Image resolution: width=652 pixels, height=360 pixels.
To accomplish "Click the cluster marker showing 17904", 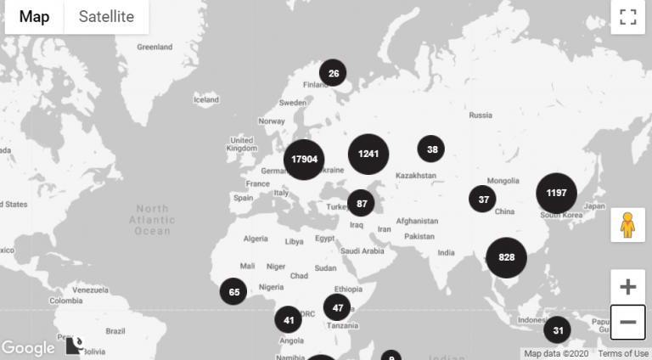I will (304, 160).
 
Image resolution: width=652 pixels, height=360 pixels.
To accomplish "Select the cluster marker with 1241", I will (368, 154).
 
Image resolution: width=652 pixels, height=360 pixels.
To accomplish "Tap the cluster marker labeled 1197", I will (556, 193).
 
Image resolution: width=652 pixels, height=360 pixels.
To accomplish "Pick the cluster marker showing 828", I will (507, 257).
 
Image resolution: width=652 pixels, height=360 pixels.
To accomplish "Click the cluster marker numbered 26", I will (333, 74).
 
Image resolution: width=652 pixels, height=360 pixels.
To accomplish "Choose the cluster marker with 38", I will (431, 149).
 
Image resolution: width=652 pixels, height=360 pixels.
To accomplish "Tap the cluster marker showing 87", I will (361, 203).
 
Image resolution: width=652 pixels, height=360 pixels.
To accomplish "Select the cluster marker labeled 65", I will (233, 292).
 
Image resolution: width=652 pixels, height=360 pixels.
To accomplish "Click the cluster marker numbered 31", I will (558, 330).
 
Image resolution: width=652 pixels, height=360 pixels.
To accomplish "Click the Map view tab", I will (35, 17).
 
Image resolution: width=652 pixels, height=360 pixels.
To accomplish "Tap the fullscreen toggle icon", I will (627, 17).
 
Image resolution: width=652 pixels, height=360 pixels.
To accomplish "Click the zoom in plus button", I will (627, 287).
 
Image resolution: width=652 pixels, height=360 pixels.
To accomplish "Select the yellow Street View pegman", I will (627, 225).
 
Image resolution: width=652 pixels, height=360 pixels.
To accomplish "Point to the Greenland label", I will (155, 48).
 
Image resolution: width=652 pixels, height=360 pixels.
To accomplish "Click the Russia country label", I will (481, 115).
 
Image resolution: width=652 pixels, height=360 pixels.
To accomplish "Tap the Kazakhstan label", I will (415, 176).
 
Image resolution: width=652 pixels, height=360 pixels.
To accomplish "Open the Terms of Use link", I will (623, 353).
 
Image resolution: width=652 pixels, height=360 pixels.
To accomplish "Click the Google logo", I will (27, 348).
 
